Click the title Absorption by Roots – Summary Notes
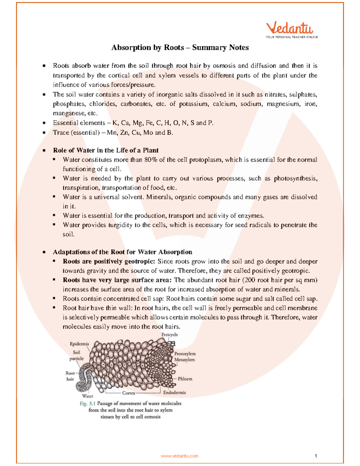[x=180, y=47]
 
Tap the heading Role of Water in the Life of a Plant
[x=106, y=150]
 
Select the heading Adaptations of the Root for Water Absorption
[x=122, y=252]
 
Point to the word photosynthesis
[x=295, y=178]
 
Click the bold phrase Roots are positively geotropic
[x=109, y=261]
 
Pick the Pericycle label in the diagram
[x=169, y=335]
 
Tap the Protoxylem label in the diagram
[x=185, y=353]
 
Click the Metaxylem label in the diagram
[x=184, y=359]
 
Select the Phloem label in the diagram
[x=185, y=379]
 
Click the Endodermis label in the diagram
[x=174, y=392]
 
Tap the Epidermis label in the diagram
[x=79, y=344]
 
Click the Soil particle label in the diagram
[x=76, y=356]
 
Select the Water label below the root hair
[x=88, y=396]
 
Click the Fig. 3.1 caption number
[x=88, y=404]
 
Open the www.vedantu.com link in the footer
[x=179, y=456]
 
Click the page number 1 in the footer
[x=316, y=456]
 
